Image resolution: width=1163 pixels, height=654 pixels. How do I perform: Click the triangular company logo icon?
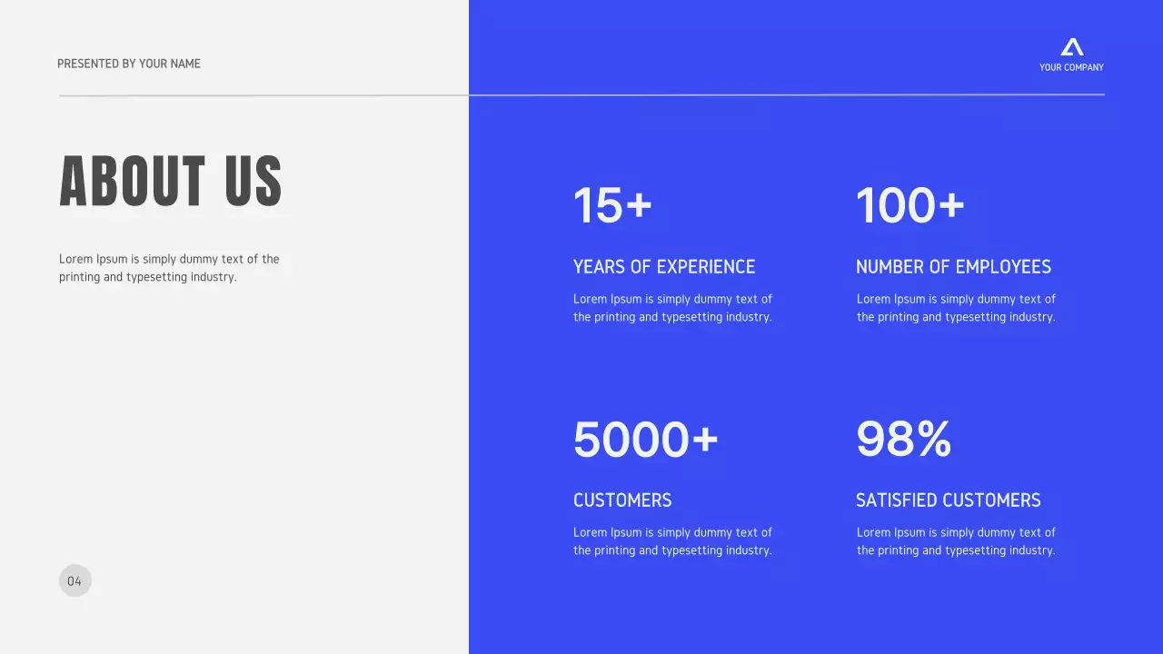coord(1072,47)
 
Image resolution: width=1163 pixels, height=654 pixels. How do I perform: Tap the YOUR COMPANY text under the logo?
coord(1071,67)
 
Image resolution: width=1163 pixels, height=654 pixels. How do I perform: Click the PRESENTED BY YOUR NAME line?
coord(129,64)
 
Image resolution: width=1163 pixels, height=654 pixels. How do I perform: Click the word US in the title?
coord(253,181)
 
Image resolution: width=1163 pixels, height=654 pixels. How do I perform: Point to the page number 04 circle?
coord(75,581)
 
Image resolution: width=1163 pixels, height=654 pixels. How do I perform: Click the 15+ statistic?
coord(612,205)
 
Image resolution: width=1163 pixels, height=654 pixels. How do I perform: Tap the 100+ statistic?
coord(910,205)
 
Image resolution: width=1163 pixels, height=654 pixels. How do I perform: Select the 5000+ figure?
coord(645,440)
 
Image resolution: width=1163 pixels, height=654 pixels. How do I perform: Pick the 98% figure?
coord(903,440)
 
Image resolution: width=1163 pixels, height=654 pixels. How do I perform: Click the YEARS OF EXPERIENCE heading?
coord(664,267)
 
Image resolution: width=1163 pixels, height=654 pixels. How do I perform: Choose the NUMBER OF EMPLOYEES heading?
coord(953,267)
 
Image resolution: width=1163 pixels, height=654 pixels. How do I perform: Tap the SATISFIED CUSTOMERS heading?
coord(948,500)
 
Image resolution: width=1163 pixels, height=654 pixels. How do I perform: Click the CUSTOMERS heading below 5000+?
coord(622,500)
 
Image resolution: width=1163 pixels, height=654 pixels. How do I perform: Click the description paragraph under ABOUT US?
coord(169,268)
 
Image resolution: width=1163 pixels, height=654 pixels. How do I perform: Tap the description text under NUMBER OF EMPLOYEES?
coord(956,308)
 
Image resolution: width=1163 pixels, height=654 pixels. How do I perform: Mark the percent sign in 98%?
coord(933,440)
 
